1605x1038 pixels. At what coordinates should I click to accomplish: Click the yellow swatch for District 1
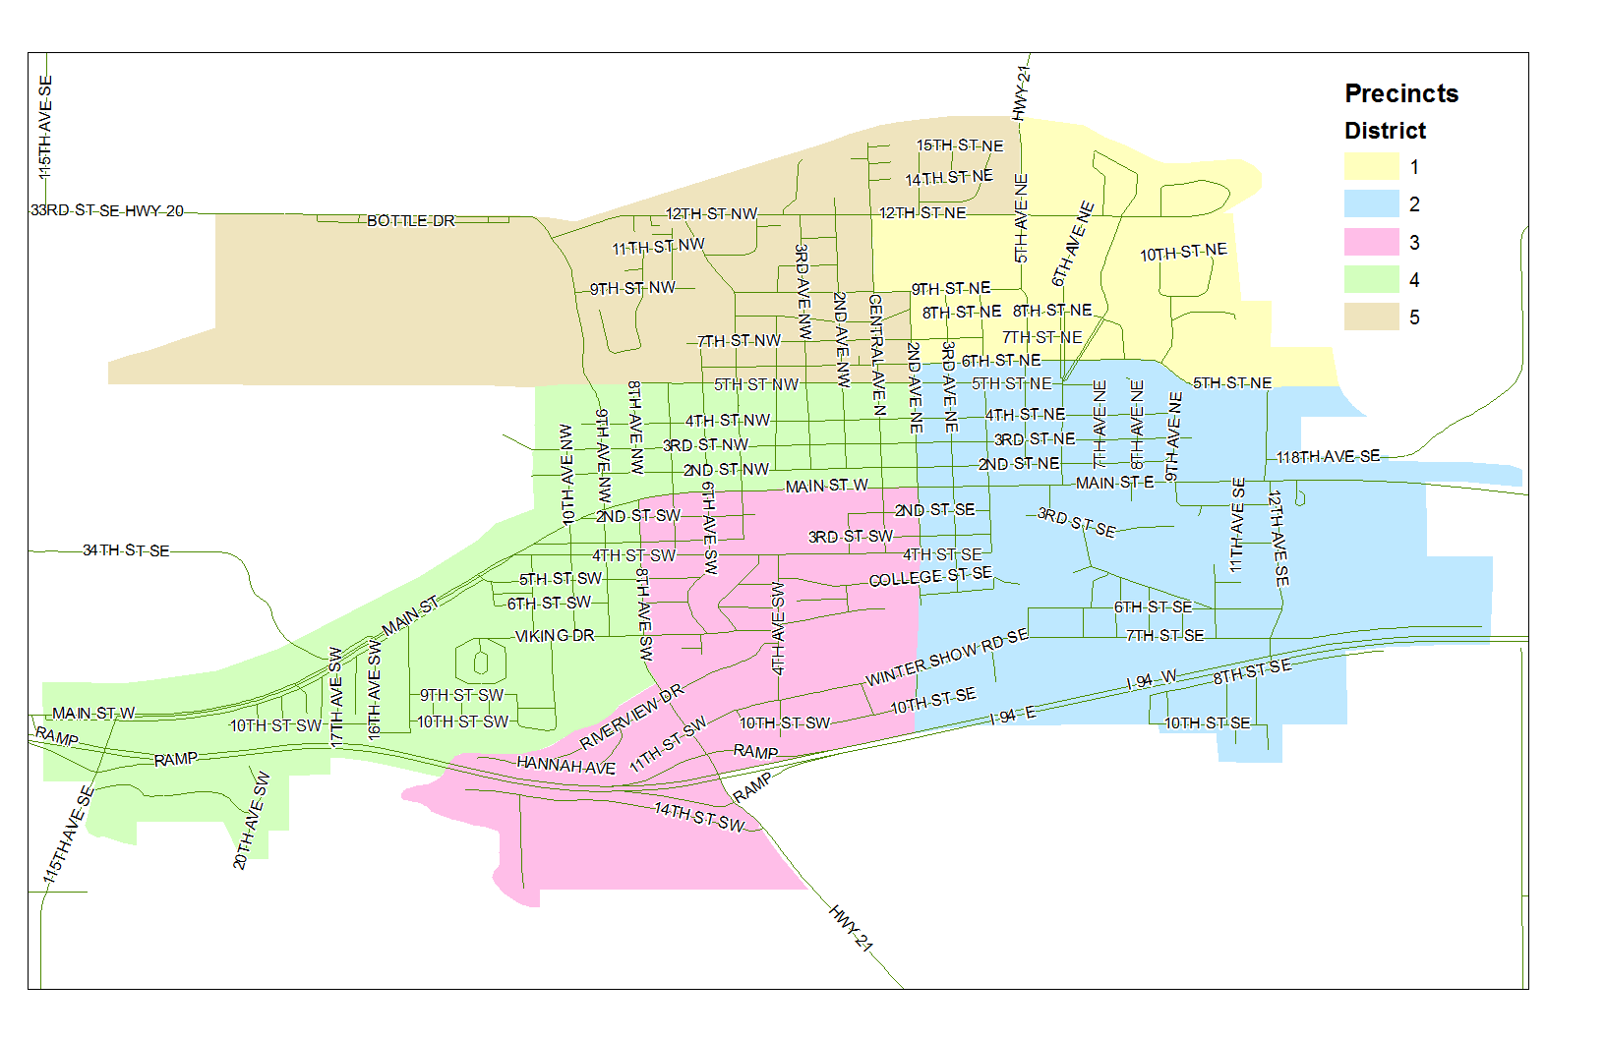pos(1371,167)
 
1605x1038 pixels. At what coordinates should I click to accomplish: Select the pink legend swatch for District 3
pos(1371,243)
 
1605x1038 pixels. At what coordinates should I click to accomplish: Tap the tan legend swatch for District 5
pos(1371,317)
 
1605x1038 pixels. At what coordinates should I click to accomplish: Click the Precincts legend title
pos(1400,93)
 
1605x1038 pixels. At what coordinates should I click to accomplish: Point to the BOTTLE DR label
pos(411,221)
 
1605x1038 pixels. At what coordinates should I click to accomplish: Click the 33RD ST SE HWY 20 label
pos(106,211)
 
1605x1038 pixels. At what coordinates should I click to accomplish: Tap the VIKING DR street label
pos(555,636)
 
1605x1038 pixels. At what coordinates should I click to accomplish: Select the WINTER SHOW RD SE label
pos(946,658)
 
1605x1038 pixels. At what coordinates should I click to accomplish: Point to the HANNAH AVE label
pos(565,765)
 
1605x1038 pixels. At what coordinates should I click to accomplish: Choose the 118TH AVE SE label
pos(1328,457)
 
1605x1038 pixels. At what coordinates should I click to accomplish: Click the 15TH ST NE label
pos(960,145)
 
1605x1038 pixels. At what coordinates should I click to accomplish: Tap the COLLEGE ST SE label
pos(930,577)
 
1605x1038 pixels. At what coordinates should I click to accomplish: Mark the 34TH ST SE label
pos(126,550)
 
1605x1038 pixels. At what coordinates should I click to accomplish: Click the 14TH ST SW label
pos(699,816)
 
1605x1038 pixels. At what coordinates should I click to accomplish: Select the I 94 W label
pos(1151,680)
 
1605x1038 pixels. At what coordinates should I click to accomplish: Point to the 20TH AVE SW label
pos(251,821)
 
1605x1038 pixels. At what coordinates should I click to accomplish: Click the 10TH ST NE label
pos(1183,253)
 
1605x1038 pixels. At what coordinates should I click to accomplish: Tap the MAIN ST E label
pos(1114,483)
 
